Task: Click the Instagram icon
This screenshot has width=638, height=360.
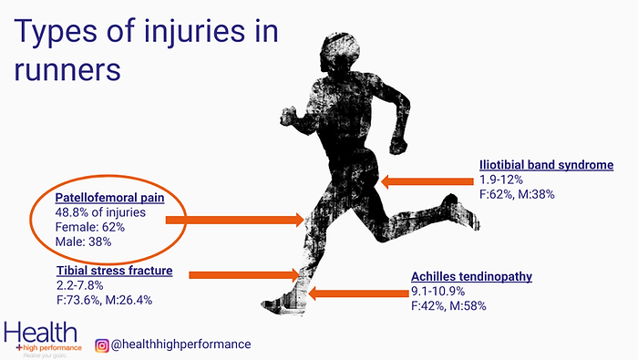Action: click(102, 344)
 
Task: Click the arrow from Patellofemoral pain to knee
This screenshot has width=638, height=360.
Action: click(246, 219)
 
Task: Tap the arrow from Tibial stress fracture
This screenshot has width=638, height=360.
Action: click(242, 273)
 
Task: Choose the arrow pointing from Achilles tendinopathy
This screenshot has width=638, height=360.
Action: click(355, 293)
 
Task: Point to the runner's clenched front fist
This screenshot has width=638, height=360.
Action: click(397, 144)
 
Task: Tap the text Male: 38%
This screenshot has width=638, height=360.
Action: click(84, 244)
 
